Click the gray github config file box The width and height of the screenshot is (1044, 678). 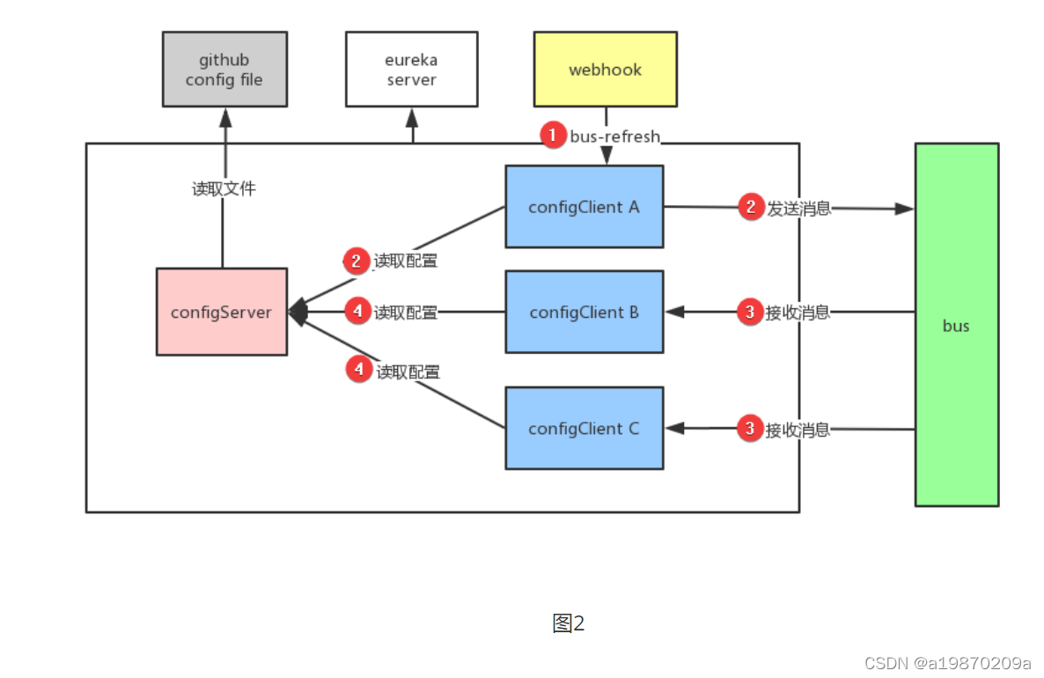click(x=224, y=70)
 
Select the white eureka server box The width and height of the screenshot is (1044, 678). click(x=411, y=70)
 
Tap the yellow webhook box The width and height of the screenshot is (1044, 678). click(x=605, y=70)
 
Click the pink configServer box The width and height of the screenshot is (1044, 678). click(x=222, y=312)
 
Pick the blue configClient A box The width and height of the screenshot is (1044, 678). click(x=584, y=207)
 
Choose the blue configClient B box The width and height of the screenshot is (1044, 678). click(x=584, y=313)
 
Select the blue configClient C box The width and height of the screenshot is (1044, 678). click(x=584, y=429)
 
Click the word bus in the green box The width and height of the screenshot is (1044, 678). click(x=956, y=326)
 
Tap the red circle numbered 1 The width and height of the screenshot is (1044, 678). click(x=552, y=136)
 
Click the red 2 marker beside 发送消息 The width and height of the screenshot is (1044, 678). click(x=750, y=208)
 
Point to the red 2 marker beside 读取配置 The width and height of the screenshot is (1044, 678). click(x=357, y=261)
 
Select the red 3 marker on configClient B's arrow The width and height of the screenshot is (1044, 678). click(x=750, y=312)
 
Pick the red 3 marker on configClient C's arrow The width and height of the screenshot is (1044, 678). click(x=750, y=429)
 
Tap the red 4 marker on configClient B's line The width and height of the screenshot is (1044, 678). click(x=357, y=312)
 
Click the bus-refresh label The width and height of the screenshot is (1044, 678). click(x=615, y=136)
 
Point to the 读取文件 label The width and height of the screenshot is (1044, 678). click(x=224, y=188)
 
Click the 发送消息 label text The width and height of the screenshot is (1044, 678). click(x=798, y=209)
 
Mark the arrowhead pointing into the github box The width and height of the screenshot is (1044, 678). click(x=224, y=115)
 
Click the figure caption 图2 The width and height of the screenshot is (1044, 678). click(x=569, y=623)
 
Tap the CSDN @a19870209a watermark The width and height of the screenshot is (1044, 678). click(x=947, y=662)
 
